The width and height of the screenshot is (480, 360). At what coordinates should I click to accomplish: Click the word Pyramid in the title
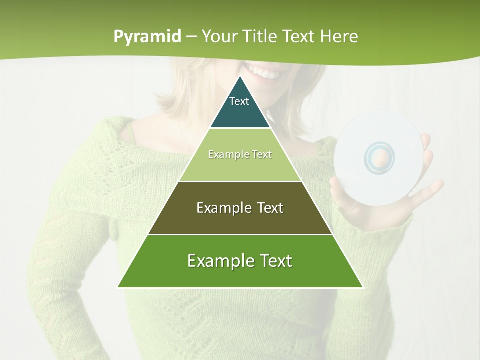pyautogui.click(x=147, y=37)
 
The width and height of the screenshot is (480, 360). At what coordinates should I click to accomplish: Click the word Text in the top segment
pyautogui.click(x=239, y=101)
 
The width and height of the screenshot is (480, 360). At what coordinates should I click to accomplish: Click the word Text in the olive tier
pyautogui.click(x=269, y=208)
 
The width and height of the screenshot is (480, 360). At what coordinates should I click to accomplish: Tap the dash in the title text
pyautogui.click(x=191, y=37)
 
